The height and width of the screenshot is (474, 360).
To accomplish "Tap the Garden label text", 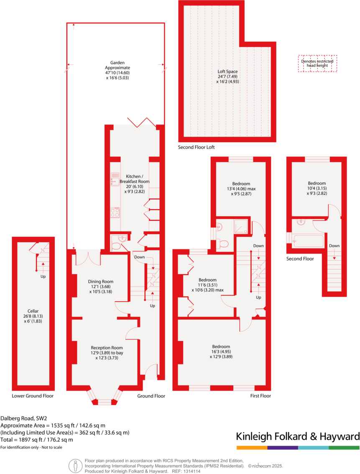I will coord(117,63).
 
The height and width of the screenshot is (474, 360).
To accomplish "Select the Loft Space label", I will coord(227,71).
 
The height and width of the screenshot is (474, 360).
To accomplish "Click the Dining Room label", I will coord(100,282).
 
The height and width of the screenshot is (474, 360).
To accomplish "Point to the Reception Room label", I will coord(107,347).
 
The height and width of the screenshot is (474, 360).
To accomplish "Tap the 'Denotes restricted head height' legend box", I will coord(317,64).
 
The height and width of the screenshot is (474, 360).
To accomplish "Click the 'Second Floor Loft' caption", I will coord(196,147).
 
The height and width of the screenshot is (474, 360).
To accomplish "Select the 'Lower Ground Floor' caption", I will coord(33,395).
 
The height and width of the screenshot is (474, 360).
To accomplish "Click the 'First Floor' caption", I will coord(260,395).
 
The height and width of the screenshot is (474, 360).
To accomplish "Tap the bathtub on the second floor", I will coord(309,241).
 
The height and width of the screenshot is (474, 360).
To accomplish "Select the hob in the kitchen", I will coord(115,213).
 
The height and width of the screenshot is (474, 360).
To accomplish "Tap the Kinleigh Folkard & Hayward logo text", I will coord(298,436).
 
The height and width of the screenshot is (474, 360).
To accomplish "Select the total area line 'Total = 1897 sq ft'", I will coord(37,440).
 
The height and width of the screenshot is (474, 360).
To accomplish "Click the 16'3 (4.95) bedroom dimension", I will coord(221,352).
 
